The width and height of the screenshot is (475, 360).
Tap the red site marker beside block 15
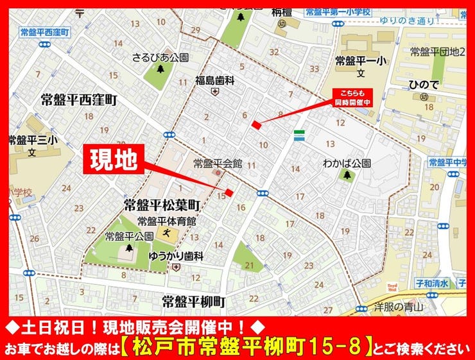click(229, 193)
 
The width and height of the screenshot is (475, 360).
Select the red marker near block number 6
click(256, 124)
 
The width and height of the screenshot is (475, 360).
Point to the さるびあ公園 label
click(160, 57)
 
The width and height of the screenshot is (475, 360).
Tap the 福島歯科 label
click(215, 80)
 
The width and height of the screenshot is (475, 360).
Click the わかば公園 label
click(347, 163)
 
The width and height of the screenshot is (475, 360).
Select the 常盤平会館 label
click(218, 163)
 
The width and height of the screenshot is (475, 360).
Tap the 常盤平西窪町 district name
click(79, 100)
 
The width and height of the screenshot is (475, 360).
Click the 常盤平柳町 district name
click(193, 300)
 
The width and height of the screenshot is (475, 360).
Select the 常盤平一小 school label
click(359, 60)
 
